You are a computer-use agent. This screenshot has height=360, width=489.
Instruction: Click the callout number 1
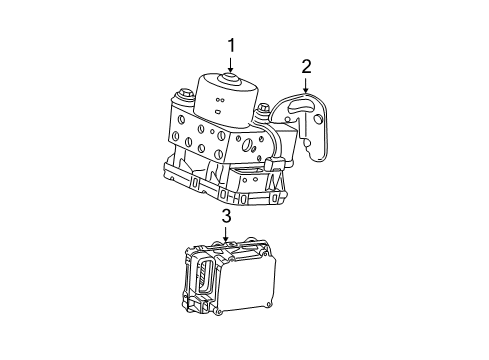coord(231,45)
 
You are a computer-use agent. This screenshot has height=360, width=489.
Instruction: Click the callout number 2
coord(306,67)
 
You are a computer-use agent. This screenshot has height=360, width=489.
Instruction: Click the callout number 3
coord(226,217)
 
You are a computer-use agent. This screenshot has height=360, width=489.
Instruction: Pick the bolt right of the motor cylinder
coord(263,111)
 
